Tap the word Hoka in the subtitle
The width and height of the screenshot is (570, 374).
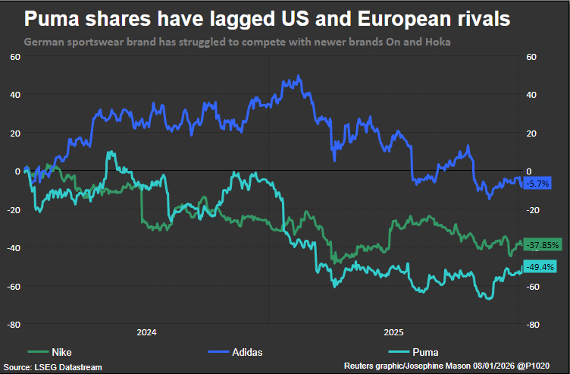point(437,42)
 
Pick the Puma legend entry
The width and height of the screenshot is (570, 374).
point(425,352)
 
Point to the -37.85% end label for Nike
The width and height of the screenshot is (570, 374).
point(541,245)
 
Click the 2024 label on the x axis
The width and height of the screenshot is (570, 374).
point(146,332)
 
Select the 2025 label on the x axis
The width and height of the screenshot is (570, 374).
point(393,332)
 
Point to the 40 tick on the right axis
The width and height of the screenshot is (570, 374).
point(531,95)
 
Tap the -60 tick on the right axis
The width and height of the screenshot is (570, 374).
point(532,287)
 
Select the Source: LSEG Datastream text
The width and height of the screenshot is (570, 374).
point(52,367)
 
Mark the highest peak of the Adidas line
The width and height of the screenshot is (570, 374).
point(299,76)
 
